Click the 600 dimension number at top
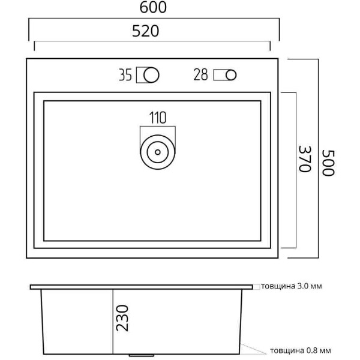coord(153,8)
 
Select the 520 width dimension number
coord(146,31)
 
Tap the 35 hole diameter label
coord(125,75)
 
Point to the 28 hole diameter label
coord(200,74)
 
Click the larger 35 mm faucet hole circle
coord(151,75)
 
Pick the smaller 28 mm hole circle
coord(231,75)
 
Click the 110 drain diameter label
coord(158,118)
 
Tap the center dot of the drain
coord(158,152)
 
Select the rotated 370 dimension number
coord(305,158)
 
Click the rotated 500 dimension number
coord(328,163)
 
